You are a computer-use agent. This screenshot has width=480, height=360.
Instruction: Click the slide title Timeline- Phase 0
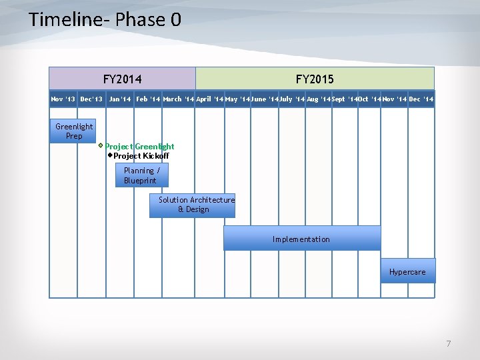click(105, 19)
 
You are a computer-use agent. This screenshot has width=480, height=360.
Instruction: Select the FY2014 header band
click(122, 79)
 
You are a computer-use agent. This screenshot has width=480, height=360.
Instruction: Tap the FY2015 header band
click(315, 79)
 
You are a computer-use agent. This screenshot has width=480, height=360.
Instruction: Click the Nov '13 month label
click(63, 99)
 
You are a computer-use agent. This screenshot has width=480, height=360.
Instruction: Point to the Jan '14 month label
click(120, 99)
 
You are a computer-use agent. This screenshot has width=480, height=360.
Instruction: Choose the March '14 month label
click(178, 99)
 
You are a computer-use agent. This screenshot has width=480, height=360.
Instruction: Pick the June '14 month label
click(265, 99)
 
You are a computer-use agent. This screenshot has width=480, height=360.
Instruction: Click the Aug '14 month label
click(318, 99)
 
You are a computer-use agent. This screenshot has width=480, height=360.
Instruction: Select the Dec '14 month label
click(421, 99)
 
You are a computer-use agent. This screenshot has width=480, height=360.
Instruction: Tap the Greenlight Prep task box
click(74, 131)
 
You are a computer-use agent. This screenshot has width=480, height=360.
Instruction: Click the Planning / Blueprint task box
click(142, 175)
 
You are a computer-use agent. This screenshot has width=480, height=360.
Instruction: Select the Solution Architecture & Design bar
click(193, 205)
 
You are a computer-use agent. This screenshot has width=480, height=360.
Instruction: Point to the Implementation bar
click(301, 239)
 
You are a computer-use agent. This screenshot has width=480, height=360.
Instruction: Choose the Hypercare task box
click(407, 271)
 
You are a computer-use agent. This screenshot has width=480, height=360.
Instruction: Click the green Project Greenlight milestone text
click(139, 147)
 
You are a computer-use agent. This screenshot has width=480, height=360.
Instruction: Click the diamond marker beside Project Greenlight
click(101, 145)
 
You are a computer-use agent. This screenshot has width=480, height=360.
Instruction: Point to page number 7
click(448, 344)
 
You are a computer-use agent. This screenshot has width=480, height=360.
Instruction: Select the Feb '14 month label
click(148, 99)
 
